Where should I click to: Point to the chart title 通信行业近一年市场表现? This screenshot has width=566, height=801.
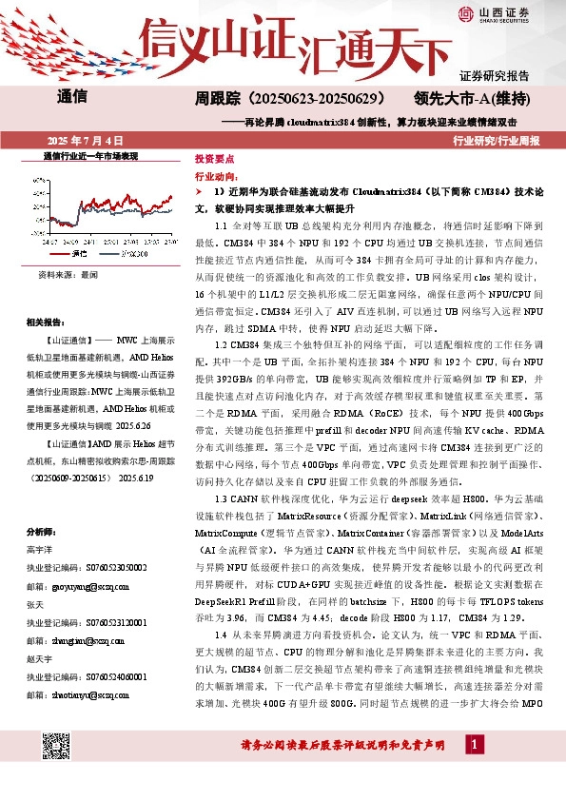(x=91, y=154)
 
